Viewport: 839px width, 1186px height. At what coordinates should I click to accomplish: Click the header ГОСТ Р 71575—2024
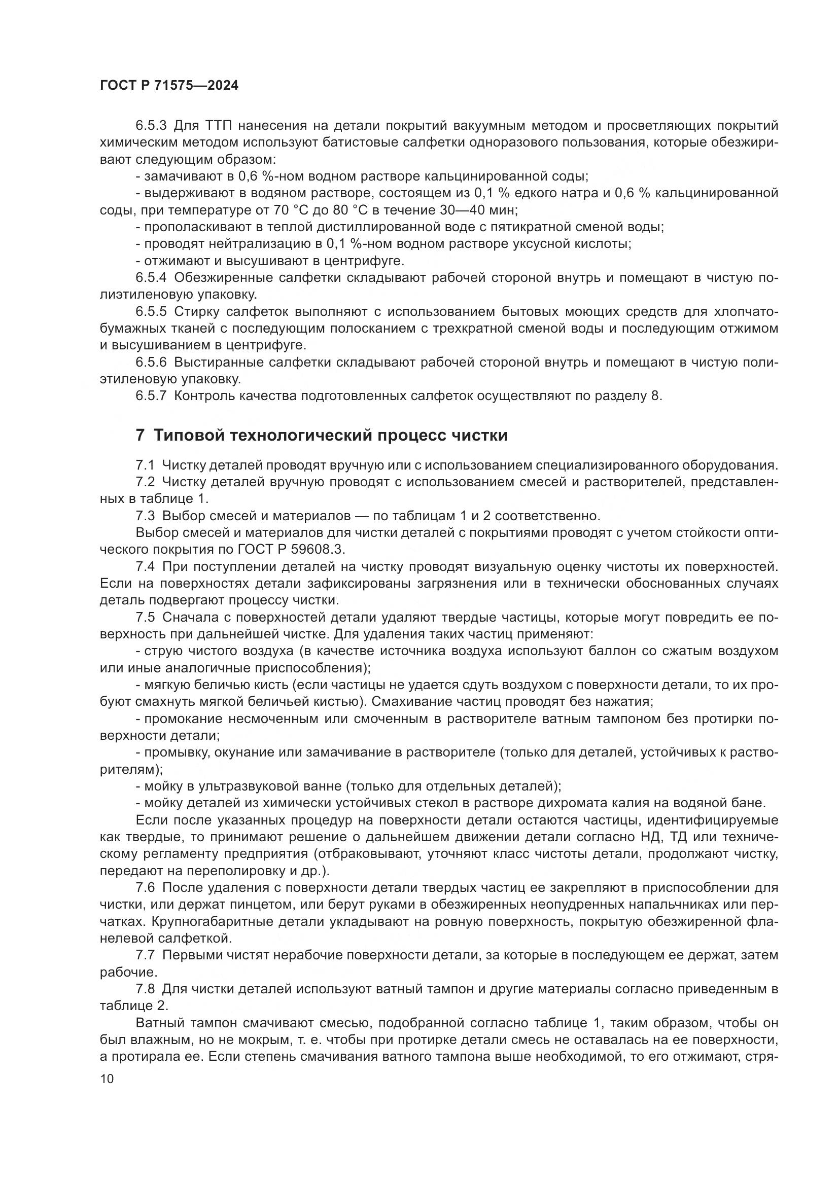[169, 86]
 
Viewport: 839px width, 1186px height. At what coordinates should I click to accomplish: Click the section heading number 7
[140, 435]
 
